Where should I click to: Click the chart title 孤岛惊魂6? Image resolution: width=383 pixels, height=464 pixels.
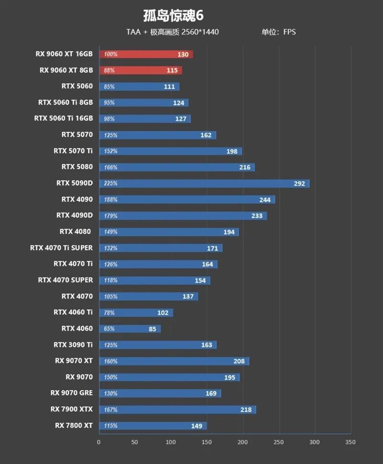pos(173,16)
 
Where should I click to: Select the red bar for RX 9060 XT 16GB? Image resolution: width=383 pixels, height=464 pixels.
pos(146,55)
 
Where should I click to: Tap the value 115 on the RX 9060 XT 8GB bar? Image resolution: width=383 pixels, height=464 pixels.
pos(172,71)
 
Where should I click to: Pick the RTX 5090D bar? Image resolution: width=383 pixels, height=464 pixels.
pos(204,184)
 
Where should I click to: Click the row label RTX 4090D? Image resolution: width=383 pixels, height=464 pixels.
pos(74,216)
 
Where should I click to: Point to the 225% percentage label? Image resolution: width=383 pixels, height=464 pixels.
pos(111,184)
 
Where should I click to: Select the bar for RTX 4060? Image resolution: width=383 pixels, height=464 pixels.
pos(130,329)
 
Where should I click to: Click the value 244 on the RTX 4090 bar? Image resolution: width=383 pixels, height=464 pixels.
pos(265,200)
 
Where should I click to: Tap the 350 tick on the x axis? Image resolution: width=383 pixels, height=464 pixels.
pos(350,442)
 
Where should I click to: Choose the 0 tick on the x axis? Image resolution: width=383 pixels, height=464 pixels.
pos(99,442)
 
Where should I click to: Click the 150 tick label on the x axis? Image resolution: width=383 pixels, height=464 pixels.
pos(207,442)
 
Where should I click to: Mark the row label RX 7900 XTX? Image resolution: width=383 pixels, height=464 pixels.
pos(71,409)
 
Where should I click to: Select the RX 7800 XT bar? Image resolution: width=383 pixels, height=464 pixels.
pos(152,426)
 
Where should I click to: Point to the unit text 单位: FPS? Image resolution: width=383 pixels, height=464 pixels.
pos(279,32)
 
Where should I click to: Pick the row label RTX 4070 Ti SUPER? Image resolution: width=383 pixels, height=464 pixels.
pos(61,248)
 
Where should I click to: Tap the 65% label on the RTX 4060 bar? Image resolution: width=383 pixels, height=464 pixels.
pos(109,329)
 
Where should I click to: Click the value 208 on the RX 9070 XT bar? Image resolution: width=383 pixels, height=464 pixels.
pos(239,362)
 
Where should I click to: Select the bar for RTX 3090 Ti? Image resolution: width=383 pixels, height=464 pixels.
pos(158,345)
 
